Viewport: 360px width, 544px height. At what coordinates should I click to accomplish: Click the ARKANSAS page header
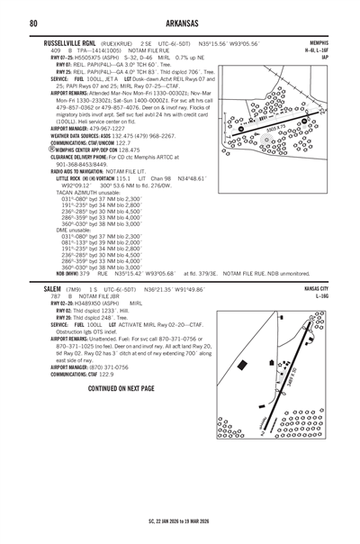tap(179, 23)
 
